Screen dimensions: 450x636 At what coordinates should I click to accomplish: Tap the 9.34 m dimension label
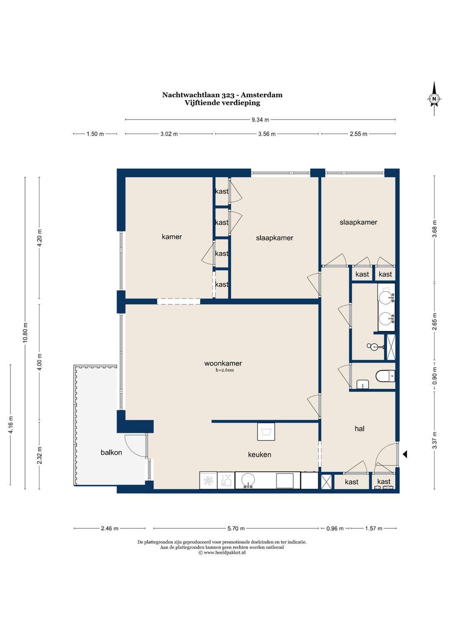pos(260,120)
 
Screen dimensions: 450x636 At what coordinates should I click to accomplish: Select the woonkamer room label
pos(223,363)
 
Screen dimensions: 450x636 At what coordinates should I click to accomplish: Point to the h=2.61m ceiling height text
pos(225,370)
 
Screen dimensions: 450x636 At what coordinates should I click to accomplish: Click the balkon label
pos(111,452)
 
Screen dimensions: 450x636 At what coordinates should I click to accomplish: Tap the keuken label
pos(260,455)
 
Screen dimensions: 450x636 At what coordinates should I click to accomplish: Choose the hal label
pos(359,428)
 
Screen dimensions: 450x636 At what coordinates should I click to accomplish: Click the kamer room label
pos(172,236)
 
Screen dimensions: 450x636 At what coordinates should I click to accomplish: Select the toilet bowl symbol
pos(385,376)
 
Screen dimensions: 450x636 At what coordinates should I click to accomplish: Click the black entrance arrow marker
pos(405,454)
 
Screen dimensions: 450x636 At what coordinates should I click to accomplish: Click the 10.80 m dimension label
pos(25,333)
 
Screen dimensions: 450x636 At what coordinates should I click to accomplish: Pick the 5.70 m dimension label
pos(236,528)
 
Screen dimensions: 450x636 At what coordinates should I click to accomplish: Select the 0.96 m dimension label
pos(335,528)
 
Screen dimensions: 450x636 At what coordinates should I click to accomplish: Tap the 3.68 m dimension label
pos(435,228)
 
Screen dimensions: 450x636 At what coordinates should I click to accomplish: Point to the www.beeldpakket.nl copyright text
pos(222,552)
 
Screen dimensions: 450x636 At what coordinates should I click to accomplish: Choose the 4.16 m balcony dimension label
pos(11,425)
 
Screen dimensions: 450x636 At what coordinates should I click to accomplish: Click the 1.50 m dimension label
pos(95,134)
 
